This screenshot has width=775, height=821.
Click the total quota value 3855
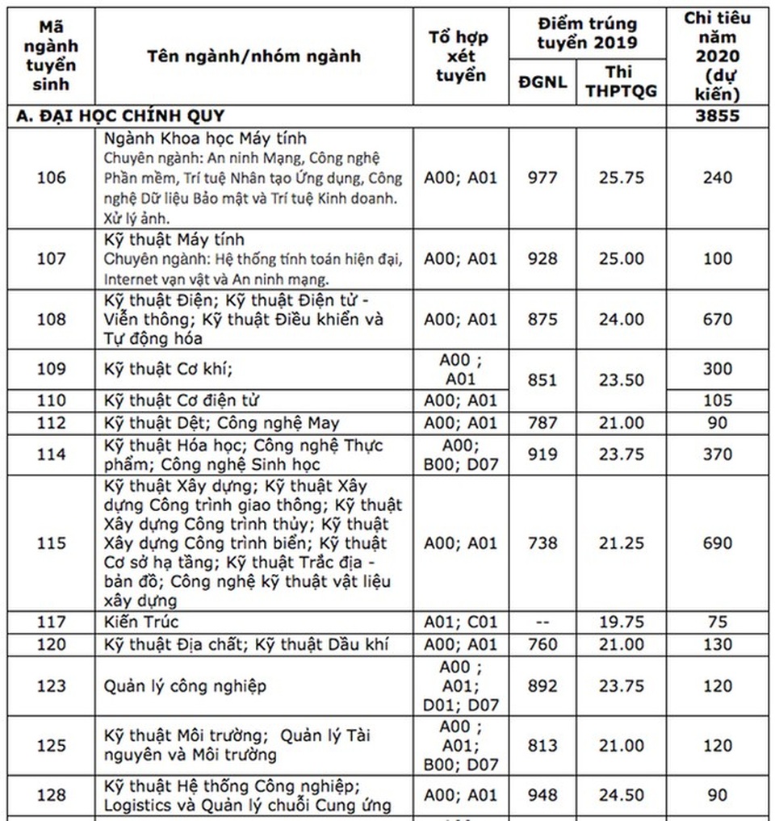click(717, 115)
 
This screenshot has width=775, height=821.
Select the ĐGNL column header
click(542, 82)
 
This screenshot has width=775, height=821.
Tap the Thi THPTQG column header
click(621, 82)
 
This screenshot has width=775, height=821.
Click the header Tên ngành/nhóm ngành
click(253, 56)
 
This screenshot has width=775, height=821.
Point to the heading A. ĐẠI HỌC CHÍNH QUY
click(120, 115)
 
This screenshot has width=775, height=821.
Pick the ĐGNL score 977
click(542, 178)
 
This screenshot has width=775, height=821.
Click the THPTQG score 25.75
click(621, 178)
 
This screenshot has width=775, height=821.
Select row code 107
click(52, 259)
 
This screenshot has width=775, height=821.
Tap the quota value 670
click(717, 320)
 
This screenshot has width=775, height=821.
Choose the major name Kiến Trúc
click(141, 622)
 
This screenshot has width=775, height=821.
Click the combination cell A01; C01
click(461, 622)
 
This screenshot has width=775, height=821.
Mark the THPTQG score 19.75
click(621, 622)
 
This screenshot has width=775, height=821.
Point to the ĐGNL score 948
click(542, 795)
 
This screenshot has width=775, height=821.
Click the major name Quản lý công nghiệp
click(185, 686)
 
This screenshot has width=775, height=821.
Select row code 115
click(52, 543)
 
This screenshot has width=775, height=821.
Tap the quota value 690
click(717, 543)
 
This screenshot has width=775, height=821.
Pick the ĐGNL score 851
click(542, 379)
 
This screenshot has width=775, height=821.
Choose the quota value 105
click(717, 400)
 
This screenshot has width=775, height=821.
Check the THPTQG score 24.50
click(621, 795)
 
